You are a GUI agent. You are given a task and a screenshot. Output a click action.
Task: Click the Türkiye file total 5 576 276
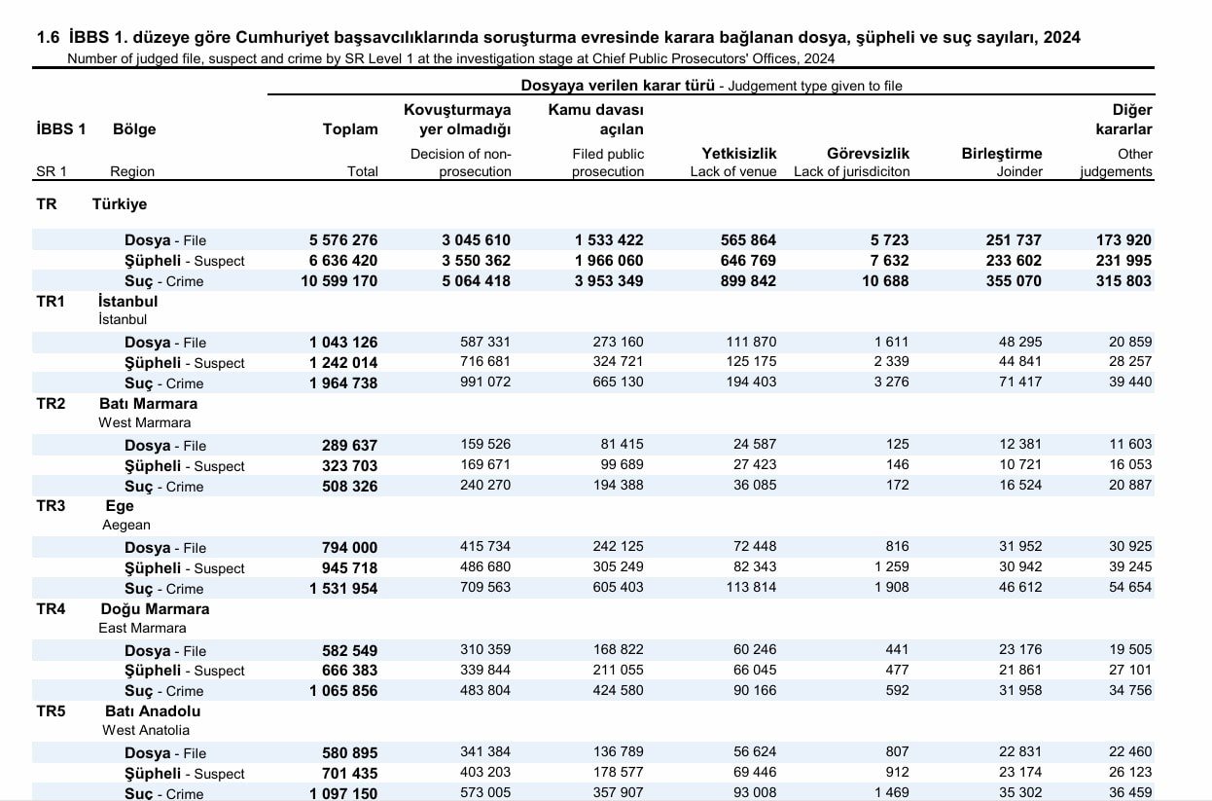click(x=343, y=239)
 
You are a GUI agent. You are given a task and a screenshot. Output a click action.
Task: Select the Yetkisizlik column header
click(x=738, y=154)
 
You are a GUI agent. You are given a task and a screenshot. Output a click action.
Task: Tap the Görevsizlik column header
click(x=868, y=154)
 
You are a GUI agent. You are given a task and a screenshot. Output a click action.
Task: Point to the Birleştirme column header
click(x=1002, y=154)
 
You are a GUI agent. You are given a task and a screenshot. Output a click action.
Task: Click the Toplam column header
click(x=350, y=129)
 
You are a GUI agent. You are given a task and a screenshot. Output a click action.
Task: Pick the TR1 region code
click(x=51, y=302)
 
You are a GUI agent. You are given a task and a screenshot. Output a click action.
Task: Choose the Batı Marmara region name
click(x=148, y=404)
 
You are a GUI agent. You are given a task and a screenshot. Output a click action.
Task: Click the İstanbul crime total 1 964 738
click(x=343, y=383)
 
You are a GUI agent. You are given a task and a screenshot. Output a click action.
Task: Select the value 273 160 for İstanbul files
click(x=618, y=342)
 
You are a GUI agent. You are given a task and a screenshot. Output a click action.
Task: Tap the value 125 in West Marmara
click(x=897, y=445)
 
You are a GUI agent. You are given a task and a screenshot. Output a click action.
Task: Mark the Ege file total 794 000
click(x=349, y=548)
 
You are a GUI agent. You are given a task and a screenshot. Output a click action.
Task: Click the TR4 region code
click(x=51, y=609)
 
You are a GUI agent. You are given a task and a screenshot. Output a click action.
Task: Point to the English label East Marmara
click(x=142, y=629)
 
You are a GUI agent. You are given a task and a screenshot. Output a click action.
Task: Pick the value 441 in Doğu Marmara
click(x=897, y=649)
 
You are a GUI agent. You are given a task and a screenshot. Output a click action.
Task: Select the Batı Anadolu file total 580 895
click(x=349, y=753)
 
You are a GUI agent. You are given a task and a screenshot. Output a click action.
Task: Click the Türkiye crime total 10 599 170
click(x=339, y=281)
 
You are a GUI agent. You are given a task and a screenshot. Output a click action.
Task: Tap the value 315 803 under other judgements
click(x=1123, y=281)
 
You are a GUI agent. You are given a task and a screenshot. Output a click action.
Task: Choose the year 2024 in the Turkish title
click(x=1061, y=37)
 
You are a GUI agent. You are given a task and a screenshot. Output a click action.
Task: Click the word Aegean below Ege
click(x=126, y=525)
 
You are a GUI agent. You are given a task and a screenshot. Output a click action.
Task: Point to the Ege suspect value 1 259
click(x=892, y=567)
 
